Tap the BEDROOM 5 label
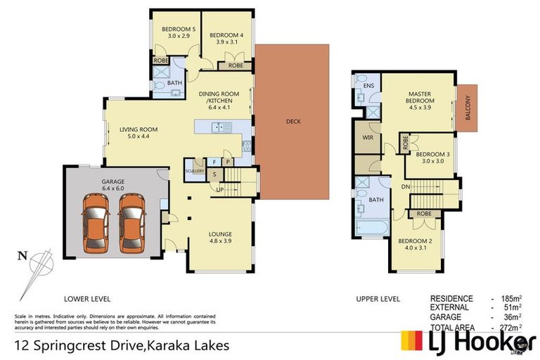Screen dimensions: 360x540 [x=176, y=29]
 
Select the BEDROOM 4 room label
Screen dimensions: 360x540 [x=226, y=34]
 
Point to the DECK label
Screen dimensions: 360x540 [x=293, y=122]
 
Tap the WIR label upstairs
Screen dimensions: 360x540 [x=366, y=137]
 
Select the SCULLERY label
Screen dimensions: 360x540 [x=195, y=171]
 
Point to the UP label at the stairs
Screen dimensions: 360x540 [x=221, y=190]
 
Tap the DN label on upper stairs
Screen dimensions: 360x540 [x=405, y=187]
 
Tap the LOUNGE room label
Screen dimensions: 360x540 [x=220, y=233]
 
